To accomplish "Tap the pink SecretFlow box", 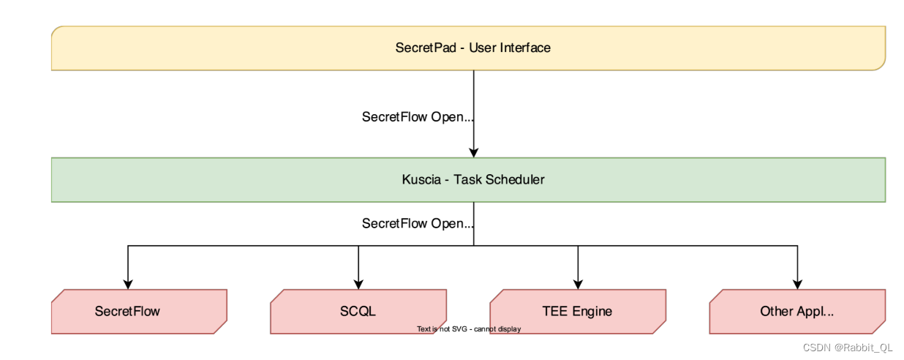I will (x=139, y=311).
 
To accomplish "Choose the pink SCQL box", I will (x=358, y=311).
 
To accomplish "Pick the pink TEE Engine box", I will (x=577, y=311).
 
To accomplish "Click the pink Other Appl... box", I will (x=797, y=311).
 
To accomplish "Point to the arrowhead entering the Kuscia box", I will (x=474, y=153).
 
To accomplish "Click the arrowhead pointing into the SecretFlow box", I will (x=128, y=284).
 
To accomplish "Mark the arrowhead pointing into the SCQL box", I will (x=358, y=284).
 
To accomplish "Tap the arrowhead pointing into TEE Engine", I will (x=578, y=284).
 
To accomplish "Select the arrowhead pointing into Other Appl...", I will (x=797, y=284).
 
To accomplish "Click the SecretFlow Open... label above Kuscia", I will (x=418, y=117).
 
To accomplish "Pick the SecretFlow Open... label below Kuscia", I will (x=418, y=223).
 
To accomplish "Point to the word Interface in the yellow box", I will (x=525, y=48).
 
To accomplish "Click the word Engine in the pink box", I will (x=592, y=311).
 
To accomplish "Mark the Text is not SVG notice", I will (x=469, y=329).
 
